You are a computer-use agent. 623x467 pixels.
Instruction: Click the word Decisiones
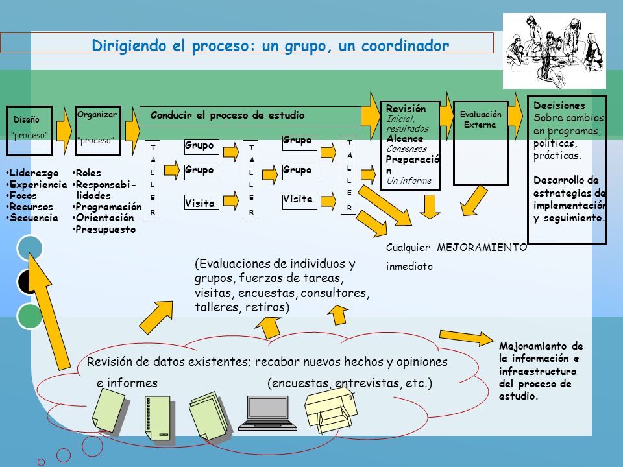click(559, 106)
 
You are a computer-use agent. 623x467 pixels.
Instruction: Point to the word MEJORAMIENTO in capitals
click(482, 247)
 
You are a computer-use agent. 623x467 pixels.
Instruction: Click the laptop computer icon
click(268, 413)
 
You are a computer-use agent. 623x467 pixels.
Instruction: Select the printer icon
click(331, 410)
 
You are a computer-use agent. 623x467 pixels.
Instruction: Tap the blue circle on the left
click(30, 248)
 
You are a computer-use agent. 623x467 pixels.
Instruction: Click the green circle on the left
click(29, 316)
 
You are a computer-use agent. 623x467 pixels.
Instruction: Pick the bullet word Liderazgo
click(34, 173)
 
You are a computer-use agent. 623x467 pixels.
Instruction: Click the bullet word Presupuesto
click(106, 230)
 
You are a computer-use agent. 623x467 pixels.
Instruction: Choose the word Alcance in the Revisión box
click(405, 139)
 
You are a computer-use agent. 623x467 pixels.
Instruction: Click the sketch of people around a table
click(554, 51)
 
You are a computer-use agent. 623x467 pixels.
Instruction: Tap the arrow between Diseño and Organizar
click(64, 130)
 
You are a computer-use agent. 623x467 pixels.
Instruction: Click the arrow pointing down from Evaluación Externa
click(474, 201)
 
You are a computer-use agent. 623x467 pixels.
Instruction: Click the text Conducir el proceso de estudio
click(227, 115)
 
